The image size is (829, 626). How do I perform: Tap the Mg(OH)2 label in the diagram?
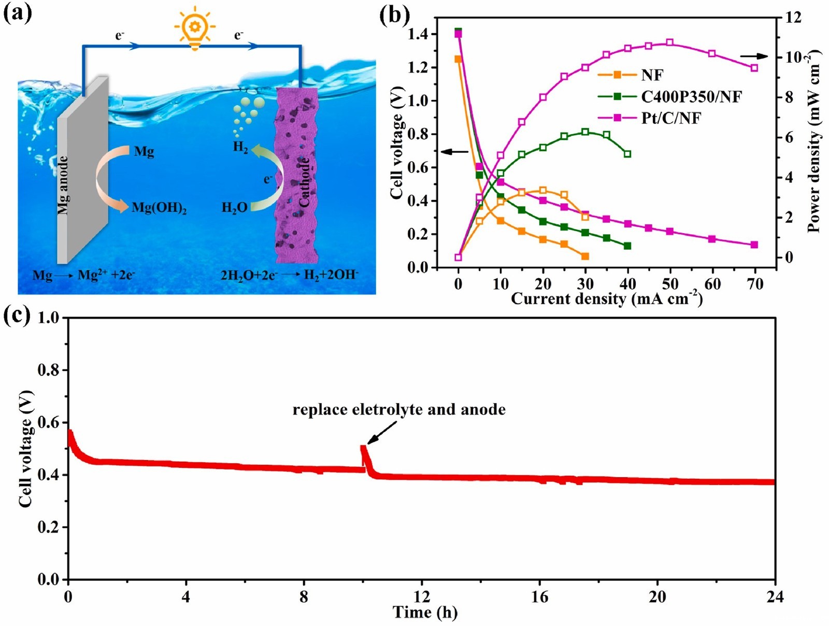pos(159,208)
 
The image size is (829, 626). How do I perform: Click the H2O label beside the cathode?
pos(234,208)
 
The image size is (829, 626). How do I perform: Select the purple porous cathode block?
pos(297,176)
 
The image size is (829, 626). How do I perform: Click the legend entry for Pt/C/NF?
pos(671,118)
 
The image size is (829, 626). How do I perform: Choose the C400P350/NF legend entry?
pos(691,96)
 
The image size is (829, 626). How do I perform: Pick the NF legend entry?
pos(652,75)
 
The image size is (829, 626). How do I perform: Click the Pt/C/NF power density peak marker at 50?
pos(670,42)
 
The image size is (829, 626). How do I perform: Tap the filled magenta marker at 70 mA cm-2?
pos(754,245)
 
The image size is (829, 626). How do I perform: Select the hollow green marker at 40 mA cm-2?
pos(627,154)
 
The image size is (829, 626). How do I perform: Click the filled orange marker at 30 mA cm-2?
pos(585,257)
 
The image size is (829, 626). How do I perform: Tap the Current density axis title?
pos(606,299)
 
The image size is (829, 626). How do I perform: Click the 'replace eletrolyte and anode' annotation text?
pos(399,410)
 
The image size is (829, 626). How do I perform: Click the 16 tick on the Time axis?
pos(539,597)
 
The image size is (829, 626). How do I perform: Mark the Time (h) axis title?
pos(425,613)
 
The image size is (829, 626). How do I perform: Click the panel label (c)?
pos(17,316)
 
